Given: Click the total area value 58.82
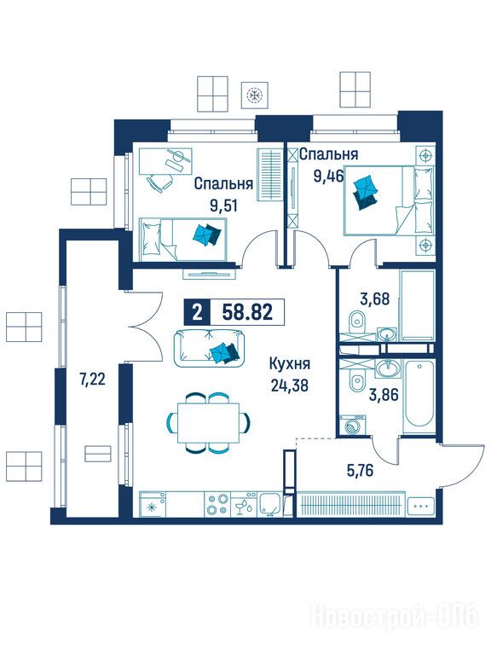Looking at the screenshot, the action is tap(247, 311).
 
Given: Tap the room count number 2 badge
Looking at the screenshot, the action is tap(198, 312).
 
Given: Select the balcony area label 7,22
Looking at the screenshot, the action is tap(92, 380).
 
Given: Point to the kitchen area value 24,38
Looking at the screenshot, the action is tap(289, 385).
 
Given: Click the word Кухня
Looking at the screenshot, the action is tap(290, 363).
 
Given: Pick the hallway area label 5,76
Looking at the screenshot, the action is tap(360, 471).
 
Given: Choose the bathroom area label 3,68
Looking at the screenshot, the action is tap(374, 299).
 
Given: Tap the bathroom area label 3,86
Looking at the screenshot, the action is tap(384, 394).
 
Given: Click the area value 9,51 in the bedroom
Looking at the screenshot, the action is tap(224, 206).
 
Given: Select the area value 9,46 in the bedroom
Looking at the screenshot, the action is tap(328, 177).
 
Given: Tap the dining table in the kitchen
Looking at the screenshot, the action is tap(209, 423).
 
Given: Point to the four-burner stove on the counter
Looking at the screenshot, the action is tap(218, 504).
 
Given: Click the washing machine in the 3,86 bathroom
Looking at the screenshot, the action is tap(353, 426).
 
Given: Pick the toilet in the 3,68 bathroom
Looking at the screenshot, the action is tap(357, 321).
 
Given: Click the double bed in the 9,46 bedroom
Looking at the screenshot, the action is tap(389, 200).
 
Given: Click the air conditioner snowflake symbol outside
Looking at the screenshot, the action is tap(254, 95).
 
